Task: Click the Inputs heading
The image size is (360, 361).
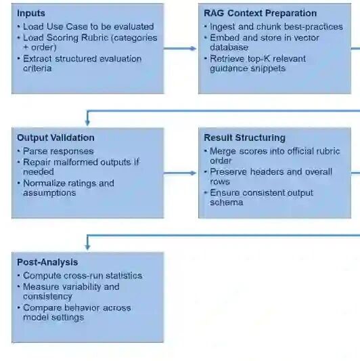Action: (x=31, y=14)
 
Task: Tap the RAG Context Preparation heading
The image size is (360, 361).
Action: (x=260, y=14)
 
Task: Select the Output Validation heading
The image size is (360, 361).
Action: (x=55, y=137)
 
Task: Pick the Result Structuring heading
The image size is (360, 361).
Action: (x=244, y=137)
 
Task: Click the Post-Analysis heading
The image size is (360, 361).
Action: (x=47, y=262)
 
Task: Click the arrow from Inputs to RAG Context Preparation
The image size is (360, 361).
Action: (x=180, y=48)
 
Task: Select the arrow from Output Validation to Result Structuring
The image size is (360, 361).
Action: (x=180, y=173)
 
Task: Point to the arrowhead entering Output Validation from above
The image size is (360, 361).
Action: (x=87, y=123)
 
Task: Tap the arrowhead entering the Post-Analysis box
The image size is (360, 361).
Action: (x=87, y=247)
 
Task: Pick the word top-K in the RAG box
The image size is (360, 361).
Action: (x=258, y=59)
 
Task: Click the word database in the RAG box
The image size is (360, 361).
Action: (x=229, y=47)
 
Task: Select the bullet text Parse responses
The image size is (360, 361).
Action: (x=58, y=151)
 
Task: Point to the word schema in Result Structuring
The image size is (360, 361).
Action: (x=227, y=203)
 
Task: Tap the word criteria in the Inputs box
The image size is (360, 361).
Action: (x=37, y=68)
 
